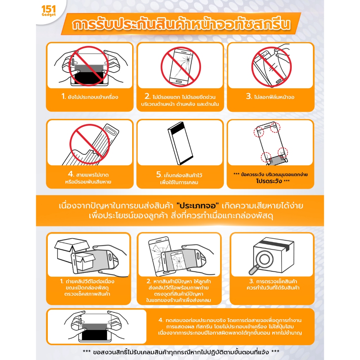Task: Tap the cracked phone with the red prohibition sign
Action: [x=180, y=67]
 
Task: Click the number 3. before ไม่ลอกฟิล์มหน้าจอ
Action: [x=249, y=97]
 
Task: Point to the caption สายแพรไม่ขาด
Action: [x=93, y=174]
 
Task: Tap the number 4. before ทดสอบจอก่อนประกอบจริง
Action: [x=161, y=320]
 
